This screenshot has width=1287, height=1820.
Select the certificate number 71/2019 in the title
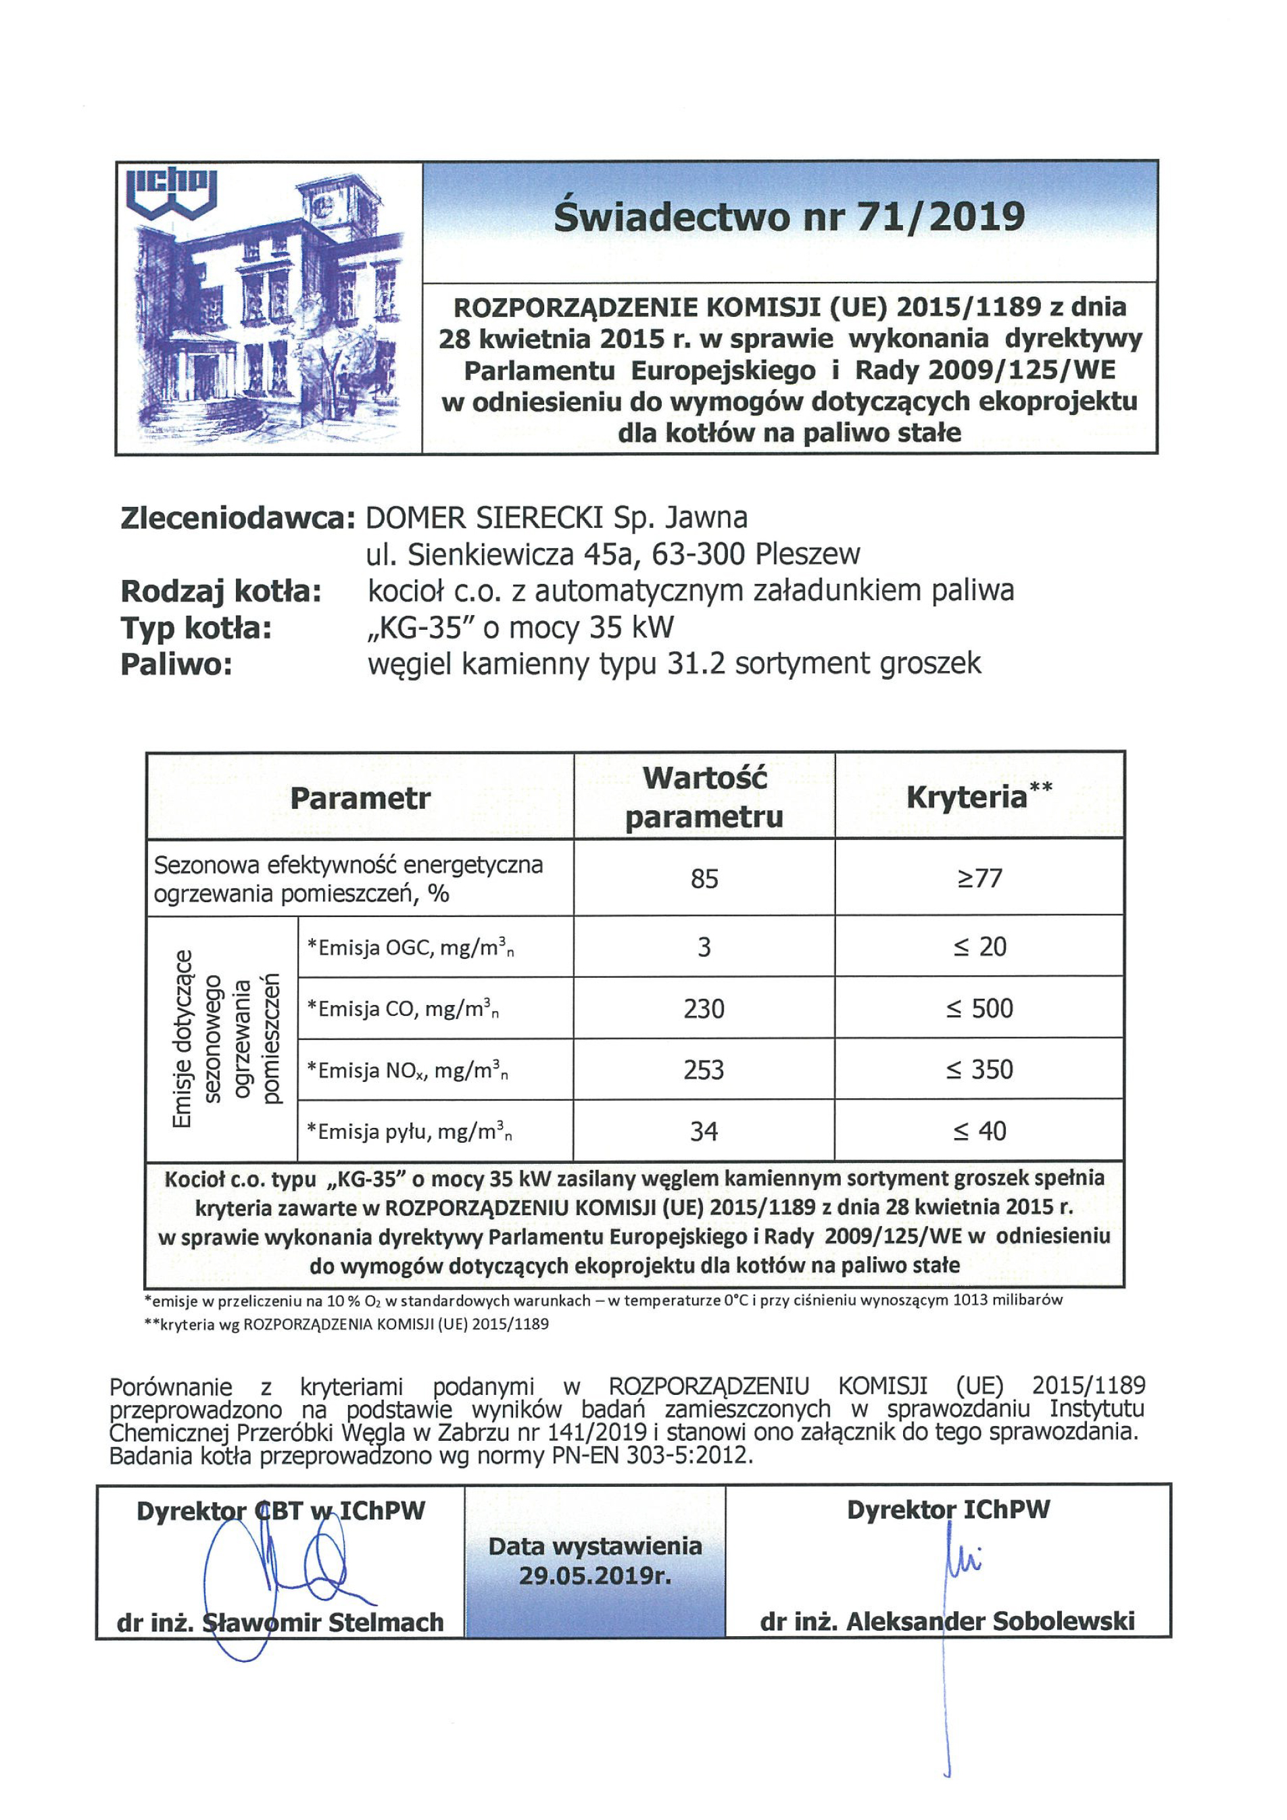(x=939, y=216)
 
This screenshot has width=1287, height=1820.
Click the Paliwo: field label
(x=176, y=664)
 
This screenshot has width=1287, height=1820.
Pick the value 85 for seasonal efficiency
(x=704, y=879)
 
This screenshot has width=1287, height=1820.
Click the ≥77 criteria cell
(x=979, y=879)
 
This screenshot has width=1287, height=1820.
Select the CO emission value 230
(x=704, y=1008)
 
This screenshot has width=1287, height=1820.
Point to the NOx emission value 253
(x=704, y=1070)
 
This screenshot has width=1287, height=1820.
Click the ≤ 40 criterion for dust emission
(x=979, y=1131)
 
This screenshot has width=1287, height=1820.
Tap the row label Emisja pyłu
(x=408, y=1131)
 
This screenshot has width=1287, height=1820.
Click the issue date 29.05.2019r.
(x=595, y=1575)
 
